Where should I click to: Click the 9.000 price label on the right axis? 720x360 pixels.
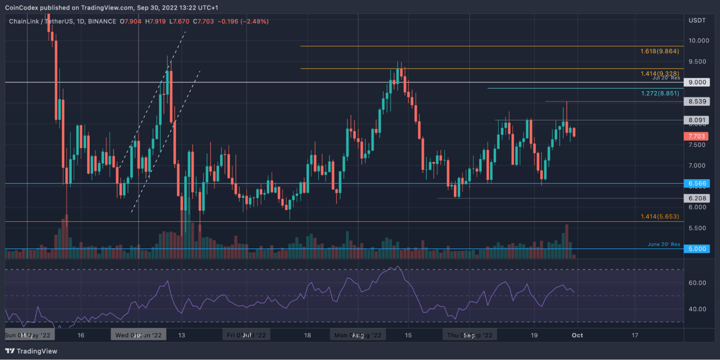[698, 82]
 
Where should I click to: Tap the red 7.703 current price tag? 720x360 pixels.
[698, 136]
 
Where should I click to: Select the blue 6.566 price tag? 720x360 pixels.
[698, 183]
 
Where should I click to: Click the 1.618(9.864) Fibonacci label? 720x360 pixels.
[659, 52]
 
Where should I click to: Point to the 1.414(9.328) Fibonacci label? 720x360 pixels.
[659, 74]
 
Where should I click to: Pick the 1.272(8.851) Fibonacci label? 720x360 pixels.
[659, 93]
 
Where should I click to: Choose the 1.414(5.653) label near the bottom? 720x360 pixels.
[659, 217]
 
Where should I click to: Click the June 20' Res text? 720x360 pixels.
[664, 245]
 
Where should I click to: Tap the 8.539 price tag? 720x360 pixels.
[698, 101]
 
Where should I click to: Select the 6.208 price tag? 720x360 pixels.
[698, 198]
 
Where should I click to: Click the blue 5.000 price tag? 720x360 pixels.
[698, 249]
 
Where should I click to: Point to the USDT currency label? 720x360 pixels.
[697, 20]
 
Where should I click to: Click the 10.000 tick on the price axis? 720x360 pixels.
[698, 41]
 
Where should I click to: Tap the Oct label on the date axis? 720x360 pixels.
[577, 335]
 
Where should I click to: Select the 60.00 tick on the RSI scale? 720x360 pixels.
[697, 283]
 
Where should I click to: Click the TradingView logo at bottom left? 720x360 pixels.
[31, 351]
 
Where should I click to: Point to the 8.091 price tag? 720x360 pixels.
[698, 120]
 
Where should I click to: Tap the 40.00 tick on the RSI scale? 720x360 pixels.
[697, 309]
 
